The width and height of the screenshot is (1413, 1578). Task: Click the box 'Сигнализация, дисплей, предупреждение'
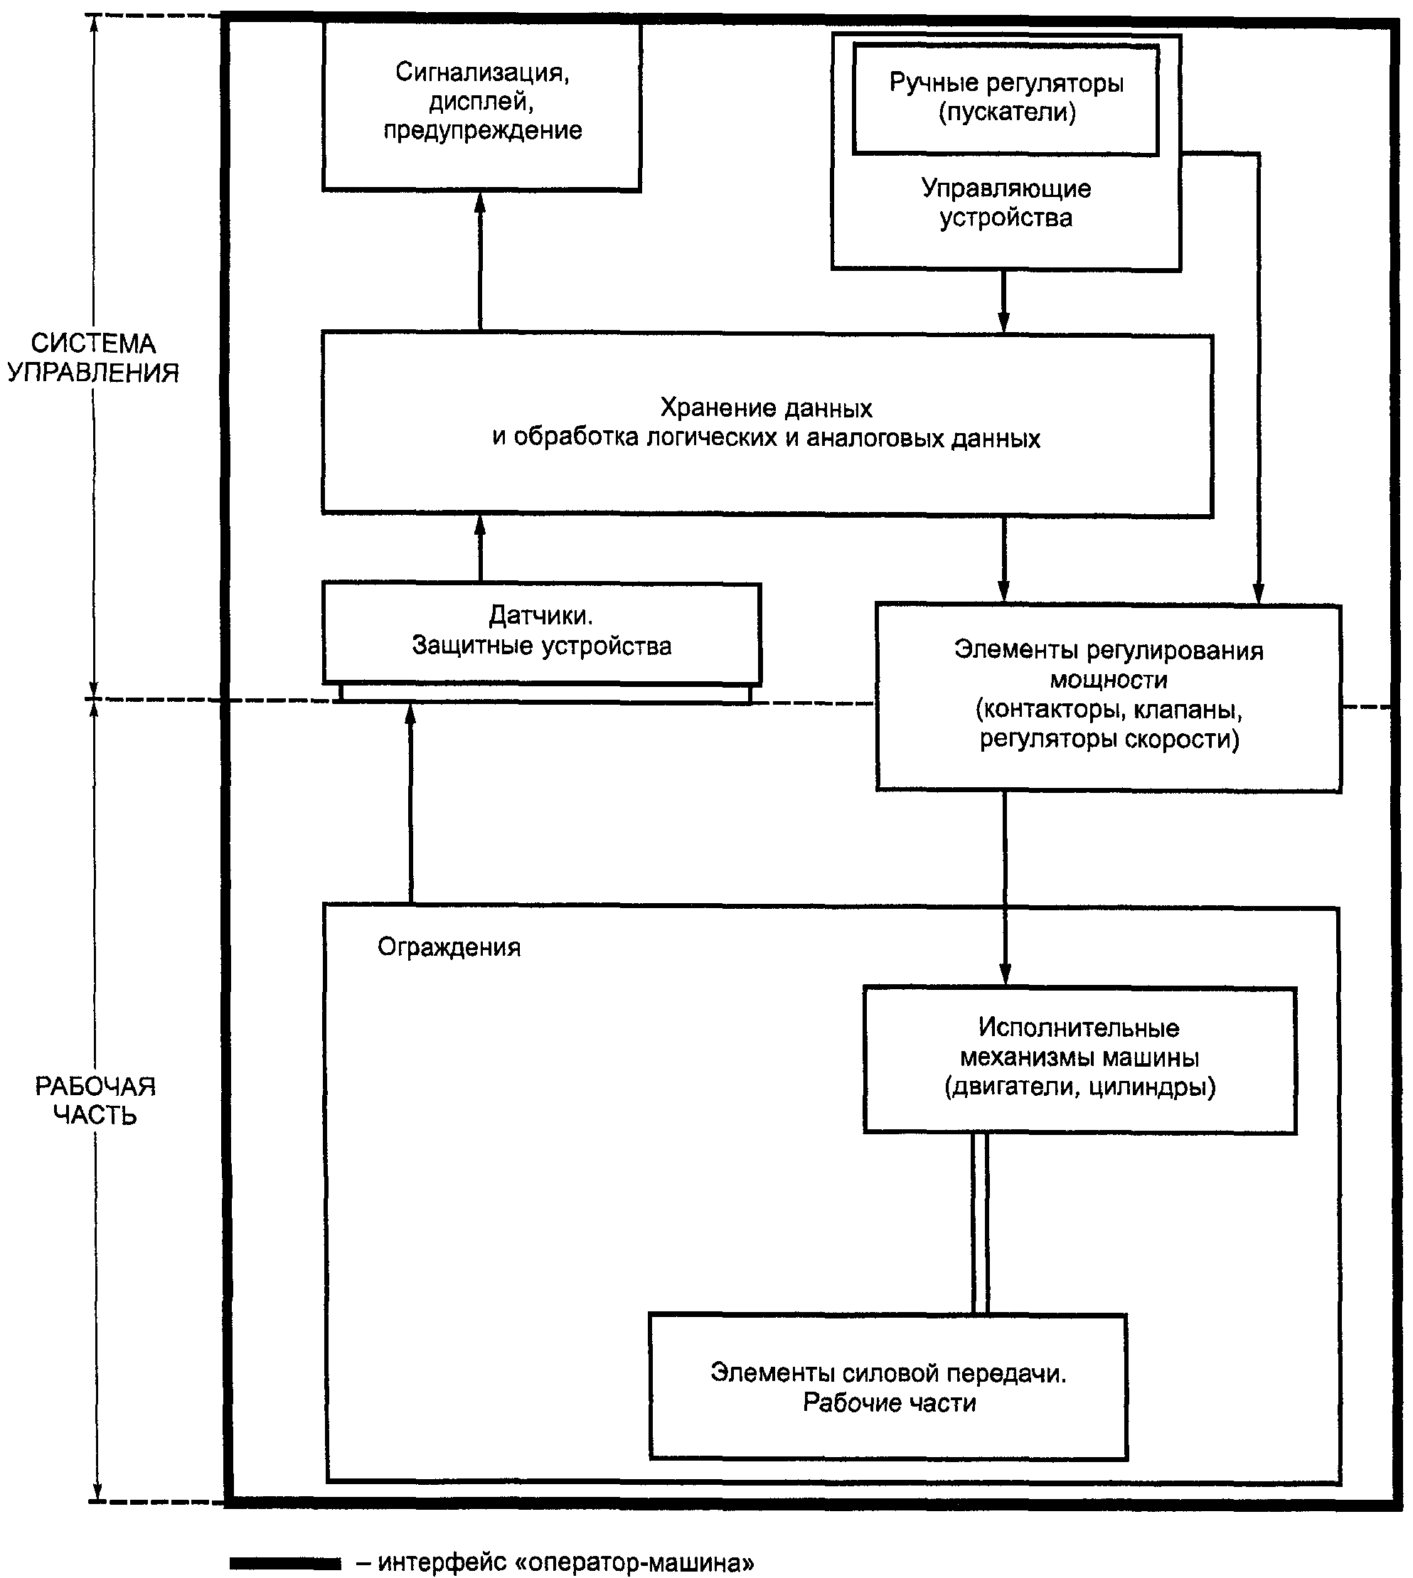481,107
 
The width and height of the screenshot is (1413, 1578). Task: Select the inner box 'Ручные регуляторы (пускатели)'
1006,99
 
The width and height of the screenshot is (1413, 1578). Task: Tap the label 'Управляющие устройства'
1006,203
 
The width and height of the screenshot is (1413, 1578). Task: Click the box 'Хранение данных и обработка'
767,425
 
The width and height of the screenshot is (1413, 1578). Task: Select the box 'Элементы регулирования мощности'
1109,697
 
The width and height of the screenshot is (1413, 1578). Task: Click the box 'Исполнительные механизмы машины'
1080,1060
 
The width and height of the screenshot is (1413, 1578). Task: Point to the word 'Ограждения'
449,947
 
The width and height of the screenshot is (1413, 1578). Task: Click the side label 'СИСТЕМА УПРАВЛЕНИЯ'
93,358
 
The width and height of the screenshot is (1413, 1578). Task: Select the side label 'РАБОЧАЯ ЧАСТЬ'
95,1100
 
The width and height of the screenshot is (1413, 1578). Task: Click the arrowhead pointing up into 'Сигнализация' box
480,203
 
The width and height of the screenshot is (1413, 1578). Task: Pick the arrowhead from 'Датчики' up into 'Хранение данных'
480,528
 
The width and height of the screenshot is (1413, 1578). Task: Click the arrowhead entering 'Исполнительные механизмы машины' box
1006,975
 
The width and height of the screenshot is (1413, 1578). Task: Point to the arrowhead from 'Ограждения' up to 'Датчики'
411,715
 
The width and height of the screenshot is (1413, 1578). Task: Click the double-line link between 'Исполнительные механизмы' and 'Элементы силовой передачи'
980,1223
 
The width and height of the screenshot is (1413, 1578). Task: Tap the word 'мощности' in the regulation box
1109,681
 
